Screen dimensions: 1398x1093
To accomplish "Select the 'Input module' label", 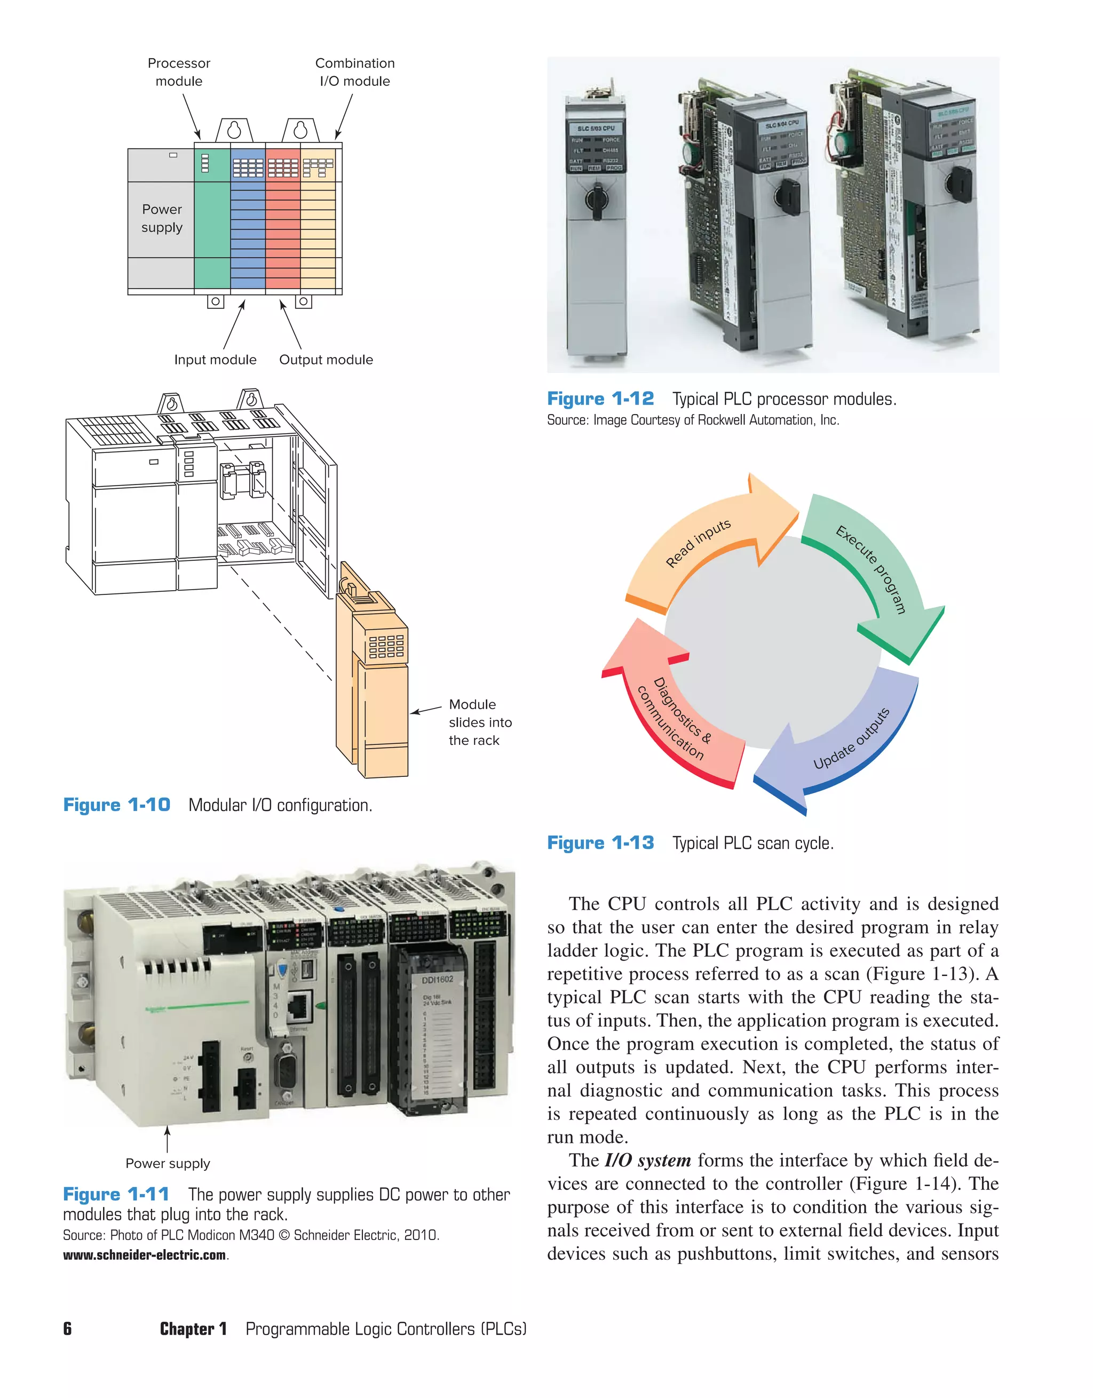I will [215, 360].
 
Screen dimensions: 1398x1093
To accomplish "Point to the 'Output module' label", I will [326, 360].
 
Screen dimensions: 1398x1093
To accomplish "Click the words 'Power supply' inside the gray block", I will [162, 218].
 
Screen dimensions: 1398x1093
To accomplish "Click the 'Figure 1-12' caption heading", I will [600, 399].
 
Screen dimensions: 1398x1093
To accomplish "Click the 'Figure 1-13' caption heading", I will [600, 843].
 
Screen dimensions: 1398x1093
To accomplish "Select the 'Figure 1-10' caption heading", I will [116, 805].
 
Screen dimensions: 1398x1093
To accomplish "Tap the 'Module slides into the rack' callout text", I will [480, 722].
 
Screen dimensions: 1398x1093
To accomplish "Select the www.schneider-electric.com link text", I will [144, 1255].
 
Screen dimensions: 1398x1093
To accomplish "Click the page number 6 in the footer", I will [67, 1329].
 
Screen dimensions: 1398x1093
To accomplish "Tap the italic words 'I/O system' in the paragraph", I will [647, 1161].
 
